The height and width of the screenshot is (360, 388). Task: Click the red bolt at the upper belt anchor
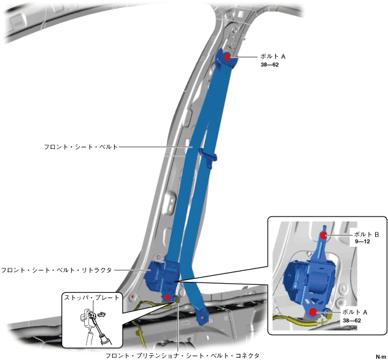[x=227, y=56]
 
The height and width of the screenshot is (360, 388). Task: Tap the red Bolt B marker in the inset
[x=325, y=234]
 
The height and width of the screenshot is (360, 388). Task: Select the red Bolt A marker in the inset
[x=314, y=312]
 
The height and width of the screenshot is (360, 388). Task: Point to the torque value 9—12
[x=362, y=242]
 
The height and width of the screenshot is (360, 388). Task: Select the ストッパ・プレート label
[x=92, y=298]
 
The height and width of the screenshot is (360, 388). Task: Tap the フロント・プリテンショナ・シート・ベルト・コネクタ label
[x=182, y=355]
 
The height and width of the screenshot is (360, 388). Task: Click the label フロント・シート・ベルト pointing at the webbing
[x=81, y=147]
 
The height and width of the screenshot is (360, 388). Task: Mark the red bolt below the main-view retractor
[x=169, y=297]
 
